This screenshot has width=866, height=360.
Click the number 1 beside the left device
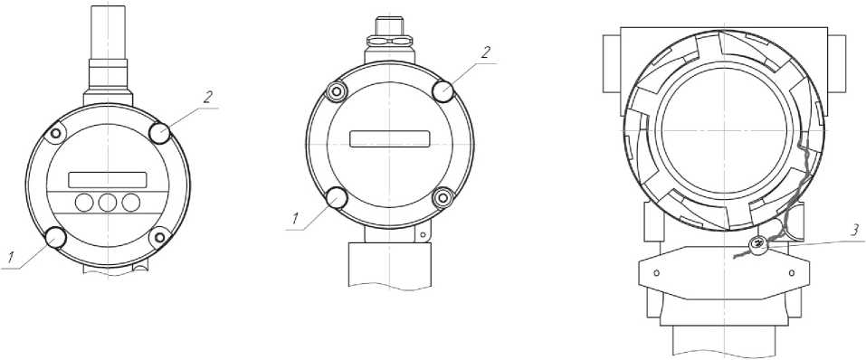pyautogui.click(x=10, y=257)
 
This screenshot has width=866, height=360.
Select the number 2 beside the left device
pyautogui.click(x=207, y=98)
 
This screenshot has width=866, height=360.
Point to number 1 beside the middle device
pyautogui.click(x=295, y=219)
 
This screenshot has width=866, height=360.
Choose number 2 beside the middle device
pyautogui.click(x=485, y=53)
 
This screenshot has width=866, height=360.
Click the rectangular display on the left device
pyautogui.click(x=108, y=180)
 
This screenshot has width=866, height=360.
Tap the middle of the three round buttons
pyautogui.click(x=107, y=204)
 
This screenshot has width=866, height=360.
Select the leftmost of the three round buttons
pyautogui.click(x=84, y=204)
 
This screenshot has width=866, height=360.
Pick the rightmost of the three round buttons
pyautogui.click(x=131, y=204)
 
